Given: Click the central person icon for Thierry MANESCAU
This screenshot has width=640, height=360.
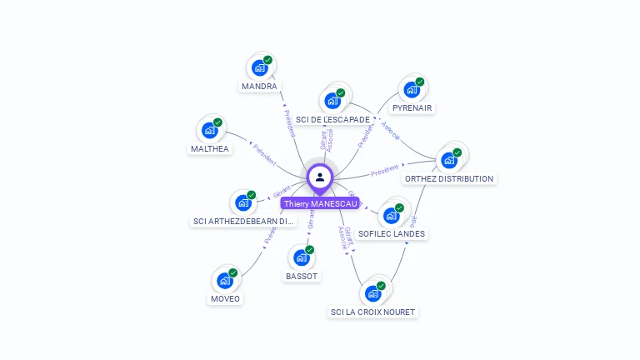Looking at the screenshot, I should point(320,177).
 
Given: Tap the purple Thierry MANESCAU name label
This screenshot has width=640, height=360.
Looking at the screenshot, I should point(320,203).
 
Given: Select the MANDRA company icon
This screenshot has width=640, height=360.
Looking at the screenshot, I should point(259,67).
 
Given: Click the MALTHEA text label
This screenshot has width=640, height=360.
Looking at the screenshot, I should point(209,149).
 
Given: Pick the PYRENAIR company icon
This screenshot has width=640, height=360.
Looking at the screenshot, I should point(411,89).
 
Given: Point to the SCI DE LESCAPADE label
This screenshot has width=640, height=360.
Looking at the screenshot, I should point(332,120).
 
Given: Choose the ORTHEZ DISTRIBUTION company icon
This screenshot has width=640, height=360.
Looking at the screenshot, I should point(450,159).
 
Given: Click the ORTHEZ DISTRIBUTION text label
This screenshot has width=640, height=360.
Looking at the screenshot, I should point(449,179).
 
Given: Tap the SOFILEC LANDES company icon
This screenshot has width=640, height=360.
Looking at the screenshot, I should point(392,215).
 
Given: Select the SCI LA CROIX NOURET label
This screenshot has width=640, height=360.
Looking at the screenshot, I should point(372,312).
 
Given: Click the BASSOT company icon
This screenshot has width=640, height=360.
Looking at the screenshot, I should point(302,257).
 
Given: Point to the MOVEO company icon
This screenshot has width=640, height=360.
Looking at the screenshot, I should point(225,280).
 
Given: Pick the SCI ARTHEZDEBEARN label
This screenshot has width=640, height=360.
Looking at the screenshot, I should point(244,222).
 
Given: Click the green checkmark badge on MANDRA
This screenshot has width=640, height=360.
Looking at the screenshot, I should point(267,60).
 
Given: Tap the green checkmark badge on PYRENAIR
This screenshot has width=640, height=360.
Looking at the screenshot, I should point(420,82).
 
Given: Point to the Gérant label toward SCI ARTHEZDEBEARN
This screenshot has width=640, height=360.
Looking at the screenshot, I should point(282,193).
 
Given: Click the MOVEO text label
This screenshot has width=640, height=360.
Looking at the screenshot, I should point(225,299).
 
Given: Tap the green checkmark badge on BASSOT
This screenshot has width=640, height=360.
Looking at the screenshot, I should point(310,249).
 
